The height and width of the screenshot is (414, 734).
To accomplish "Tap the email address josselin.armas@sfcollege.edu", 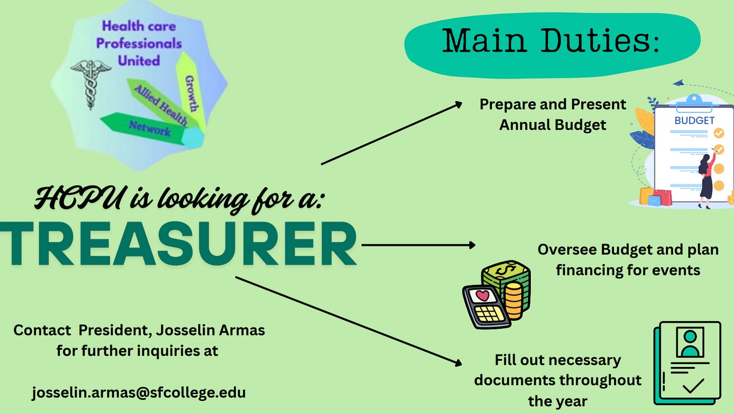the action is pos(139,392).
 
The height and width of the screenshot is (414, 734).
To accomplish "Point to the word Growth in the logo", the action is pos(192,93).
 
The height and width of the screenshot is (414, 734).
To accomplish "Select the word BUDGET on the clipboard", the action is pos(694,121).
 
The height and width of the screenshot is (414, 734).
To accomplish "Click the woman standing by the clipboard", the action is pos(705,179).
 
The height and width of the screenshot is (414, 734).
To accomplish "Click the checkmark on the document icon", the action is pos(693,387).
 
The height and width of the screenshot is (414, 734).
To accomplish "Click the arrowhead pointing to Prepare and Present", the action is pos(458,103).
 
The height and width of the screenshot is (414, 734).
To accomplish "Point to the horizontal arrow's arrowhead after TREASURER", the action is pos(472,245).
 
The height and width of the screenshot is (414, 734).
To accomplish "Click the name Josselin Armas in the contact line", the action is pos(210,330).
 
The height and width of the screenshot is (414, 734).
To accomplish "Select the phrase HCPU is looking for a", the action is pos(179,198).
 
